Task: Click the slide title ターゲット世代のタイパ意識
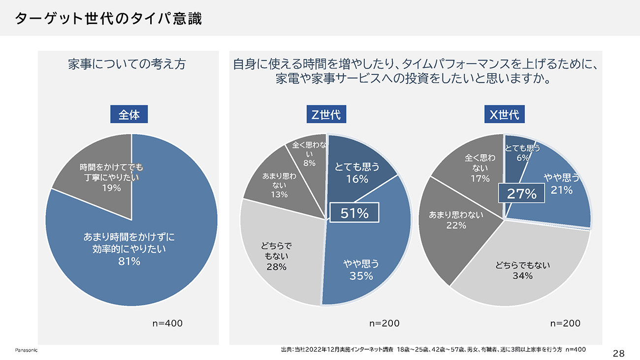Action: click(108, 19)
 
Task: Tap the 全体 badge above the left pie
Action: click(129, 115)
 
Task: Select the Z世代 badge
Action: click(326, 115)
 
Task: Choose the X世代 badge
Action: click(504, 115)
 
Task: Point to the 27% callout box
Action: click(522, 193)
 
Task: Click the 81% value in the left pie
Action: click(129, 262)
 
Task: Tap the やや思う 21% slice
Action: click(561, 192)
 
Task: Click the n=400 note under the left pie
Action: click(167, 324)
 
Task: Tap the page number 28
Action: click(619, 353)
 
